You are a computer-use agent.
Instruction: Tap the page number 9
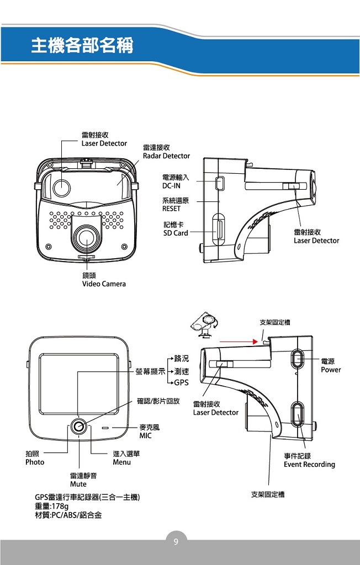pyautogui.click(x=176, y=542)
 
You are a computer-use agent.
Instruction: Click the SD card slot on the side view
pyautogui.click(x=219, y=229)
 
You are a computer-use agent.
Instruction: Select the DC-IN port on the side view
pyautogui.click(x=219, y=182)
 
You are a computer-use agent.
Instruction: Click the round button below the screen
pyautogui.click(x=79, y=426)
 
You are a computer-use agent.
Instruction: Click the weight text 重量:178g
pyautogui.click(x=51, y=506)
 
